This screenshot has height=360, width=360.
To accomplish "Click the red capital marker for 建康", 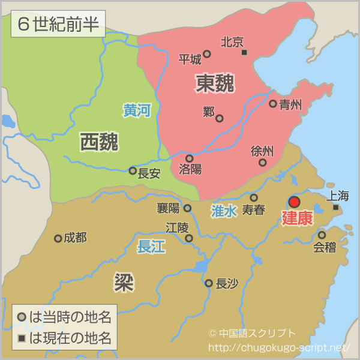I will coord(294,202).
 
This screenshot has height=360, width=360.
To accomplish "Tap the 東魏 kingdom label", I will coord(215,84).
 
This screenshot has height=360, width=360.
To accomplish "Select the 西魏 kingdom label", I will coord(99,142).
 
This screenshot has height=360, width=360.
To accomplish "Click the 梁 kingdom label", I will coord(124,282).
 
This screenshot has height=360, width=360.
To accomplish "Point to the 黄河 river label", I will coord(137,110).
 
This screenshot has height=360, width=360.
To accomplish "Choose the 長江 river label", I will coord(151,247).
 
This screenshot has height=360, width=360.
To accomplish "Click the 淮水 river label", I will coord(224,211).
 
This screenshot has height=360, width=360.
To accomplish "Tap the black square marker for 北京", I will coord(244,53).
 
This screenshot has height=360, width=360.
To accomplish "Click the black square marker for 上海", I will coord(336,208).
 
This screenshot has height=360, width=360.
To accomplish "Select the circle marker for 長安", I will coord(133,171).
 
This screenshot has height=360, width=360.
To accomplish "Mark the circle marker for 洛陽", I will coord(189,158).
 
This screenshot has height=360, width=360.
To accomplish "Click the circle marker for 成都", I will coord(58,238).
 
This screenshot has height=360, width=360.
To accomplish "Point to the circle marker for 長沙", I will coord(209,283).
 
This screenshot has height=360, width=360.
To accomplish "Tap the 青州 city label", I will coord(290,104).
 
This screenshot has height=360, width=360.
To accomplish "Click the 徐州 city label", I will coord(262,151).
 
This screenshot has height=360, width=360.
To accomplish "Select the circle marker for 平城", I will coord(207,54).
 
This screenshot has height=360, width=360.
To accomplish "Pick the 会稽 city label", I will coord(324,247).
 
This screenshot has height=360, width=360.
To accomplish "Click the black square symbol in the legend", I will coord(22,339).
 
